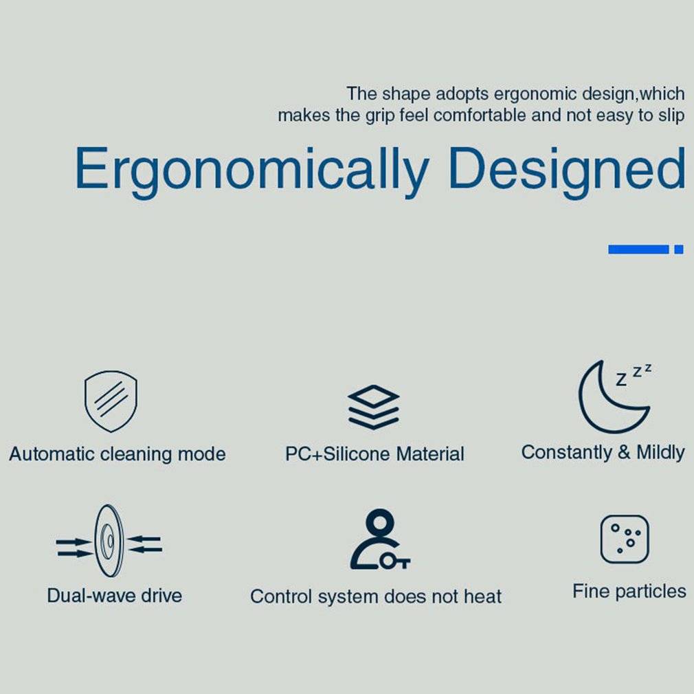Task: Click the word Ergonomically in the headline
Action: click(252, 171)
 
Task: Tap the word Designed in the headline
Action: click(567, 171)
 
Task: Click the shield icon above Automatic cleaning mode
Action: click(111, 401)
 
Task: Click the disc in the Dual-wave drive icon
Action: click(109, 540)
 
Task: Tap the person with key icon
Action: click(380, 539)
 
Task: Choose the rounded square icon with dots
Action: click(625, 539)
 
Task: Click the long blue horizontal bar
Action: click(638, 249)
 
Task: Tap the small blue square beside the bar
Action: click(679, 249)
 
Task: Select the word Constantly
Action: click(566, 452)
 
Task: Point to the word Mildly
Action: click(660, 453)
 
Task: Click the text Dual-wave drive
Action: click(115, 595)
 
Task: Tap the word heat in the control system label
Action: click(482, 596)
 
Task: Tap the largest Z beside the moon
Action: click(621, 380)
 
